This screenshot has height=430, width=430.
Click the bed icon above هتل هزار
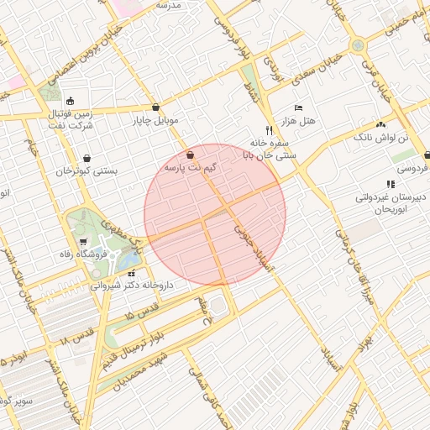pyautogui.click(x=299, y=108)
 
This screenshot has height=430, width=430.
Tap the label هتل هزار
pyautogui.click(x=300, y=121)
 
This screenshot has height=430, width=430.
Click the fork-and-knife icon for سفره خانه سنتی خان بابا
pyautogui.click(x=269, y=130)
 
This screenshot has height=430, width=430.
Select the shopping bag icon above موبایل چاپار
pyautogui.click(x=156, y=107)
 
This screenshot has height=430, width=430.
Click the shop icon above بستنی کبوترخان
pyautogui.click(x=87, y=158)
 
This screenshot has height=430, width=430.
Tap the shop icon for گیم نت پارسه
pyautogui.click(x=190, y=155)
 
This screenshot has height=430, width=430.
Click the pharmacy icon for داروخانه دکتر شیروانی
pyautogui.click(x=131, y=273)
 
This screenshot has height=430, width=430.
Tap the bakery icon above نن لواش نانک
pyautogui.click(x=391, y=123)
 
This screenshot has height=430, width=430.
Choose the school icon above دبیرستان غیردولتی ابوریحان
pyautogui.click(x=390, y=184)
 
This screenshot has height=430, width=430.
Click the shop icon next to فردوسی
pyautogui.click(x=427, y=155)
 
